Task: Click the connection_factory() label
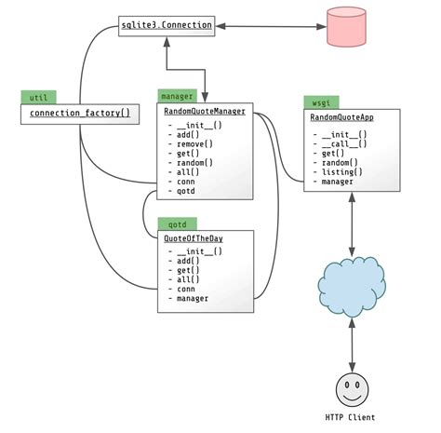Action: [x=79, y=114]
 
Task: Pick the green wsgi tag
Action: [x=318, y=101]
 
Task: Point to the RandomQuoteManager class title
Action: [x=204, y=112]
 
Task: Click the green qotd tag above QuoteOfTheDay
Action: [x=176, y=223]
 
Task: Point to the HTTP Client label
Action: [x=351, y=418]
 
